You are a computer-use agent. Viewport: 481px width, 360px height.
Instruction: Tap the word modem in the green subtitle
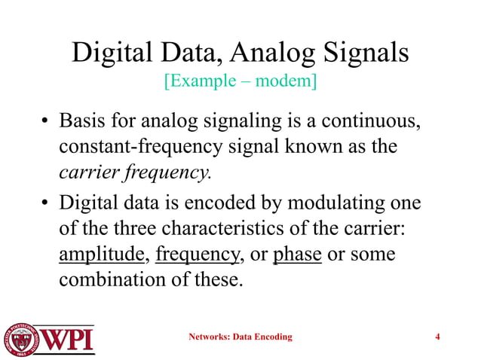point(284,81)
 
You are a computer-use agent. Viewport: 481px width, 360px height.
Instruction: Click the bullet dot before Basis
point(46,123)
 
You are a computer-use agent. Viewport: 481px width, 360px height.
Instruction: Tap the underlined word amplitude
point(102,256)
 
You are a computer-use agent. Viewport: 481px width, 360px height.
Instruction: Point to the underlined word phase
point(297,256)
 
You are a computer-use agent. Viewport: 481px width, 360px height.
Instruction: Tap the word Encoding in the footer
point(269,337)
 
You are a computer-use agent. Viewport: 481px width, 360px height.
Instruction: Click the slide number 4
point(438,337)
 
